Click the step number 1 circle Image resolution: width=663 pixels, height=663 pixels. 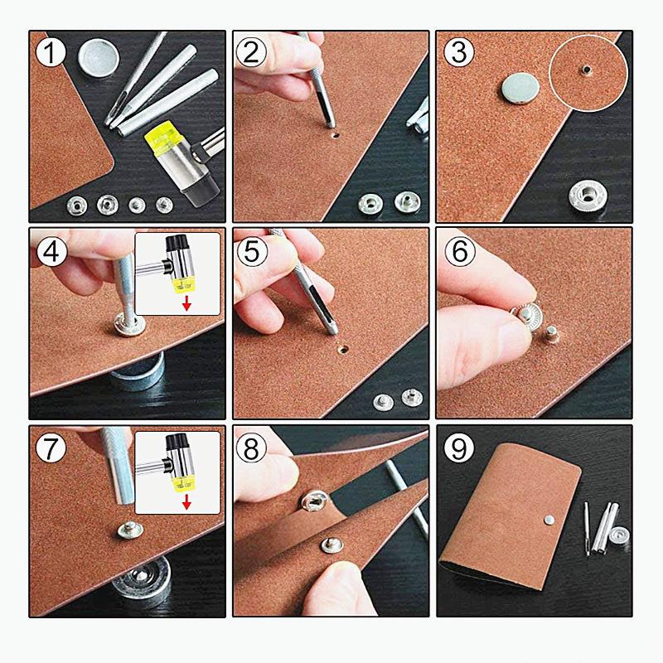click(x=51, y=52)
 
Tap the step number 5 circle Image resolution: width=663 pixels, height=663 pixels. click(x=252, y=251)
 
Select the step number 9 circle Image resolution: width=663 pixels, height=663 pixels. click(x=459, y=448)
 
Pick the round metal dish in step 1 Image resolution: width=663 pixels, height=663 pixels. click(x=99, y=57)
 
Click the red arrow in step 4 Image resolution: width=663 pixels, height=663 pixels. click(x=186, y=304)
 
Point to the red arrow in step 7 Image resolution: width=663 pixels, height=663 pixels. click(x=186, y=502)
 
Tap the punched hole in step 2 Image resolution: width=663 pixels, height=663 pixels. click(x=336, y=136)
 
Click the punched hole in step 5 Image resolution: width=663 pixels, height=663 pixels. click(x=343, y=349)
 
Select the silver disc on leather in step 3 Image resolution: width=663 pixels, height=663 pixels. click(x=520, y=89)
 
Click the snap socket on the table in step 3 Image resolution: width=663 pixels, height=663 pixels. click(x=586, y=196)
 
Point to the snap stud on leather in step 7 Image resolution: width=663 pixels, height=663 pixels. click(x=129, y=530)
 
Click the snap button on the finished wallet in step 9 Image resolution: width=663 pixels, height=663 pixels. click(x=549, y=520)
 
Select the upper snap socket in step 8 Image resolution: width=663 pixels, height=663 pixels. click(x=314, y=501)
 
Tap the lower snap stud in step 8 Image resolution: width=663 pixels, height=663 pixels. click(x=332, y=545)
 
